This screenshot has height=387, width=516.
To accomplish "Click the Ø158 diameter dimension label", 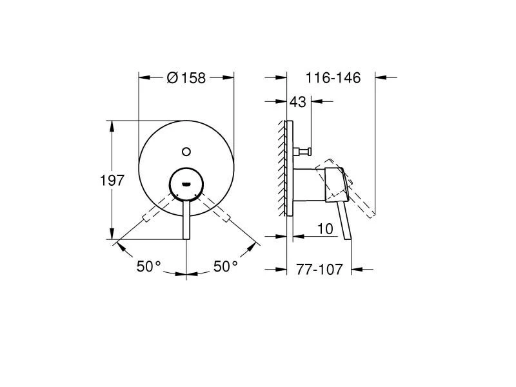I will (186, 78).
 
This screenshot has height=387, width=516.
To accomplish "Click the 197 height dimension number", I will (112, 181).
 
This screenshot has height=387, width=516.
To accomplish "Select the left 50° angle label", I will (148, 266).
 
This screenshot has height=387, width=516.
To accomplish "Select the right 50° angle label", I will (226, 266).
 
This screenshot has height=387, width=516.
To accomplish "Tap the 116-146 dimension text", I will (333, 78).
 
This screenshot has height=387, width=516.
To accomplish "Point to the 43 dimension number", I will (298, 102).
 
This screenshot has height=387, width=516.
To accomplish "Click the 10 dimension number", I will (326, 228).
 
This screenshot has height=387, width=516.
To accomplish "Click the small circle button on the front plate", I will (186, 152).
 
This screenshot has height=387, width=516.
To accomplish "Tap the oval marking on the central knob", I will (186, 183).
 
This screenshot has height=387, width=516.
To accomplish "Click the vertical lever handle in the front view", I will (186, 219).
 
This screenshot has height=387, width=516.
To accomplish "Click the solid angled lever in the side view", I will (344, 219).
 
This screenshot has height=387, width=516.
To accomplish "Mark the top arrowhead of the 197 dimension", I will (112, 125).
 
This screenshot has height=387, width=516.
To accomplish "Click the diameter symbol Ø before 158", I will (172, 78).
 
